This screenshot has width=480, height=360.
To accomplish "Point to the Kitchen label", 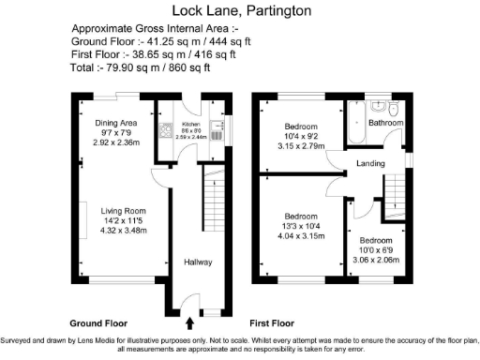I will coord(191,123).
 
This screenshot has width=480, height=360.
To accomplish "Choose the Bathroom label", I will coord(385,123).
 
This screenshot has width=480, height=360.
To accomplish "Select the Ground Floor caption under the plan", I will coord(99,321).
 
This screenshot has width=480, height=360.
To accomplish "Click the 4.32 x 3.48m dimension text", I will coord(125,232).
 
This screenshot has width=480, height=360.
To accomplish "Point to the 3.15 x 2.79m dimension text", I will coord(301,147).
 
